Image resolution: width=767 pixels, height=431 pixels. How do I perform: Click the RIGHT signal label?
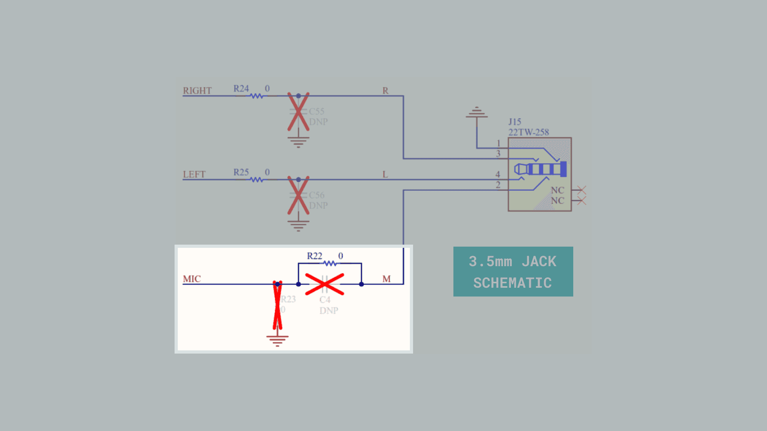(x=197, y=91)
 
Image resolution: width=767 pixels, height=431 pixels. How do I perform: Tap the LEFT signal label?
(x=194, y=174)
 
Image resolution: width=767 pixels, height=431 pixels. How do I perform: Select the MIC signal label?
(x=192, y=279)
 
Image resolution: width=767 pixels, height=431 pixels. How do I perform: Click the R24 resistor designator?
(x=241, y=89)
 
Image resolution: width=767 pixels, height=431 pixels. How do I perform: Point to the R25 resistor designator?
(x=241, y=172)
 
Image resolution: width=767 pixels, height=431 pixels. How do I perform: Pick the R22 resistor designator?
(x=314, y=256)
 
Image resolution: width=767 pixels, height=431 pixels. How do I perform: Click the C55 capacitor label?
(x=316, y=111)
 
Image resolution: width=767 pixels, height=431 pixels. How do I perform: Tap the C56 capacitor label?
(x=316, y=195)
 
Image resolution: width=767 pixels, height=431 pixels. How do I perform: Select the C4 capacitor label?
(x=325, y=300)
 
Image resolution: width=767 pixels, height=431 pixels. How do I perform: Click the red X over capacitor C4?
(x=324, y=284)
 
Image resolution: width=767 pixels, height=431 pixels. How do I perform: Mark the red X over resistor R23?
(x=277, y=305)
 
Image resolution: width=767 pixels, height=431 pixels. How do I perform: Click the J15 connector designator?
(x=515, y=122)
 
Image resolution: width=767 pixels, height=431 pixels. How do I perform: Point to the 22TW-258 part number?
(x=529, y=132)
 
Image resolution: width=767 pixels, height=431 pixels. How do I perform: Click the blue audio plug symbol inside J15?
(x=540, y=169)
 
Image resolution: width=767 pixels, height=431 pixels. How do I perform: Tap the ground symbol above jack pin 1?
(x=477, y=113)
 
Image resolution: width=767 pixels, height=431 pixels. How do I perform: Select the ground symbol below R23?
(x=277, y=340)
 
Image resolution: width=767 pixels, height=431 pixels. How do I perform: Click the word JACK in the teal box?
(x=539, y=262)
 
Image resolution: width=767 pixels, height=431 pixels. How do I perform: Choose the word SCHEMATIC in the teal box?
(x=513, y=283)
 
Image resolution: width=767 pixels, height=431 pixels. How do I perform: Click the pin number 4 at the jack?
(x=498, y=174)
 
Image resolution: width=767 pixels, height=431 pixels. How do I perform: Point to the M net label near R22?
(x=386, y=279)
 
